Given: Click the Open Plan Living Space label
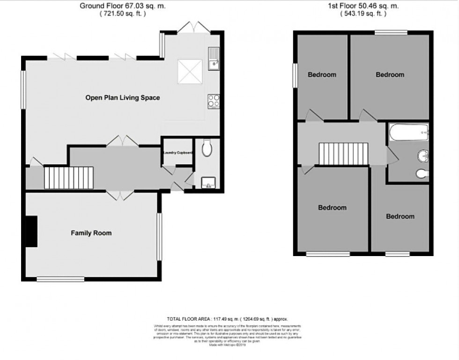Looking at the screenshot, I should point(123,98).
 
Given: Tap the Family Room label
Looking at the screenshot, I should point(91,233).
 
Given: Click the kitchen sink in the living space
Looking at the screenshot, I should point(213,59).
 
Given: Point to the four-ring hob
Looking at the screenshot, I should point(213,101).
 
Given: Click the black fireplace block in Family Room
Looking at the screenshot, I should point(31,231).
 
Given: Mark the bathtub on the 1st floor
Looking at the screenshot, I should point(408,132).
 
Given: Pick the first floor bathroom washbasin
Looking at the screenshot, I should point(423,155).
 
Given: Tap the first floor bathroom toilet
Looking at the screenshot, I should point(422,174).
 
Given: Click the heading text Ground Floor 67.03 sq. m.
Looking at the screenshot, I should point(123,6).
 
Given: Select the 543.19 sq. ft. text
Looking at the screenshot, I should point(363,14).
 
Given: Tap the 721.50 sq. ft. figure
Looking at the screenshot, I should point(123,14).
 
